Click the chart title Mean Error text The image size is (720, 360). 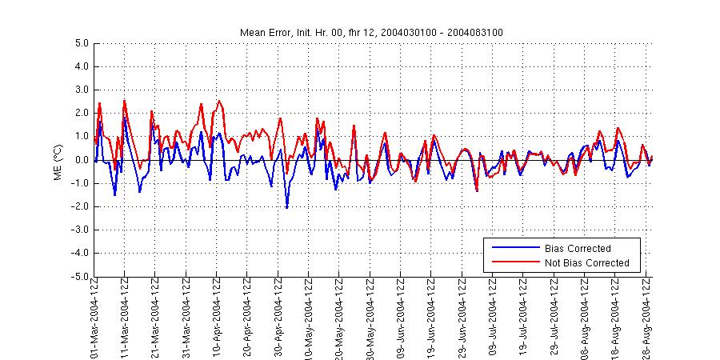coord(371,32)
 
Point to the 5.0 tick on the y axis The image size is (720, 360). coord(78,43)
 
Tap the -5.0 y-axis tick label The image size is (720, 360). coord(77,277)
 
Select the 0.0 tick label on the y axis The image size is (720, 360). coord(78,160)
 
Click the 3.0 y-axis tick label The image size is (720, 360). coord(78,90)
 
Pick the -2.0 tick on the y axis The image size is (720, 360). coord(77,206)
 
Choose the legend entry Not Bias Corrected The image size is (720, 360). coord(586,263)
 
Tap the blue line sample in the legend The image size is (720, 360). coord(514,249)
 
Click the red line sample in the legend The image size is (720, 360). coord(514,263)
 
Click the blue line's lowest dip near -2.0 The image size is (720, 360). coord(286,208)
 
